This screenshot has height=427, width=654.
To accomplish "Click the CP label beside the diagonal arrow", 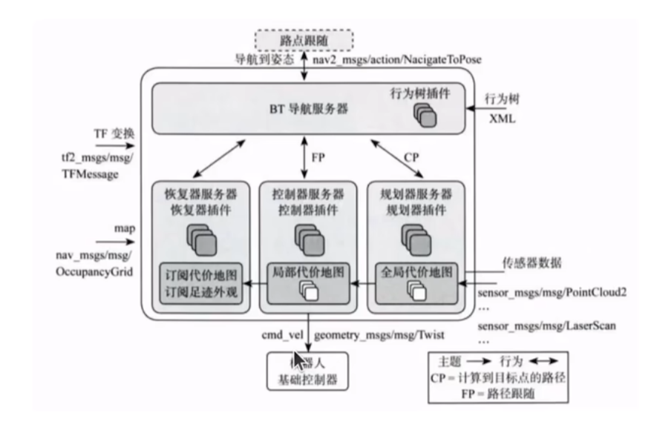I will [410, 156].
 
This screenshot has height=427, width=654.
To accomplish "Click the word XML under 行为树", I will [499, 119].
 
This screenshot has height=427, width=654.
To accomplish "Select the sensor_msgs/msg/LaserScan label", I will [543, 327].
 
